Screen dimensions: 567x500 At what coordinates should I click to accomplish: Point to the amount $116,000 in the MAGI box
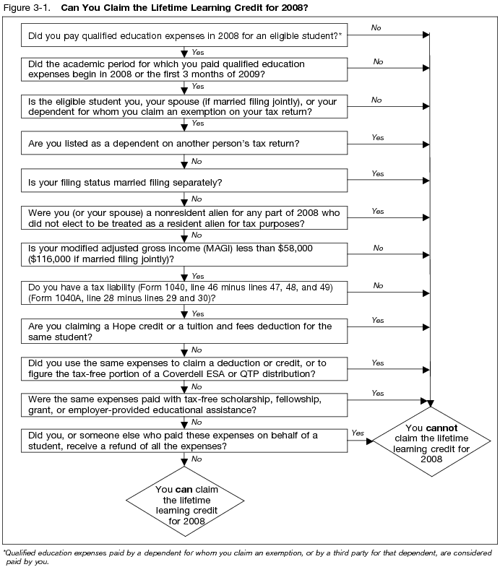tap(52, 258)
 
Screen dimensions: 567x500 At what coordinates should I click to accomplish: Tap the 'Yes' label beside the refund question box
tap(358, 433)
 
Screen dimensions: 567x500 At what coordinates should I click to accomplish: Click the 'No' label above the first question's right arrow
tap(376, 27)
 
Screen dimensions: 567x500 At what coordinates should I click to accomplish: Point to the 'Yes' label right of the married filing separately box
tap(377, 173)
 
